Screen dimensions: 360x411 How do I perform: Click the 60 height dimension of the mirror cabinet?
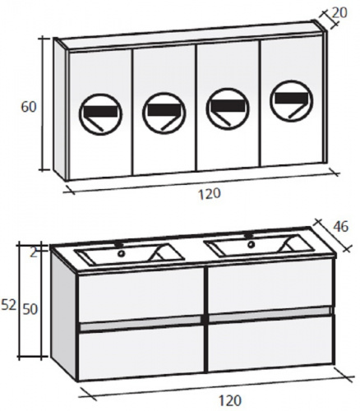[29, 107]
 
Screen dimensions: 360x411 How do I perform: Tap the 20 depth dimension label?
[339, 12]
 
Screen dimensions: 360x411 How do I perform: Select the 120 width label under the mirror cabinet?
[209, 194]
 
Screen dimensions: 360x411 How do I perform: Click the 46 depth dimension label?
[341, 227]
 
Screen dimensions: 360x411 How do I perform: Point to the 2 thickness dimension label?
[33, 253]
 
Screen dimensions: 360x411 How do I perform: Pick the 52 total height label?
[9, 305]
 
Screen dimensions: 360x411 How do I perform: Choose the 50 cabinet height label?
[30, 309]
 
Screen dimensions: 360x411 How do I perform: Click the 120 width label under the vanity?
[230, 401]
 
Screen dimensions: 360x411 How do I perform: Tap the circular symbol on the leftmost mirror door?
[101, 114]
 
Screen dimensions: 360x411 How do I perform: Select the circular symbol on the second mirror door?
[164, 112]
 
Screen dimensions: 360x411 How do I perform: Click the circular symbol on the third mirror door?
[228, 109]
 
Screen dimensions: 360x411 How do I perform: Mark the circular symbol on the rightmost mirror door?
[291, 100]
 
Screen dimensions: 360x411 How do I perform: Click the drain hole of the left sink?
[121, 253]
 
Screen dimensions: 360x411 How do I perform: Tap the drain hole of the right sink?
[251, 244]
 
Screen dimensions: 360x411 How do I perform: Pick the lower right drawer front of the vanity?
[271, 344]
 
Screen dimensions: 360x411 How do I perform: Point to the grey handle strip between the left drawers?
[141, 323]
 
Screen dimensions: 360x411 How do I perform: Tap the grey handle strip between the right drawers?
[270, 314]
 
